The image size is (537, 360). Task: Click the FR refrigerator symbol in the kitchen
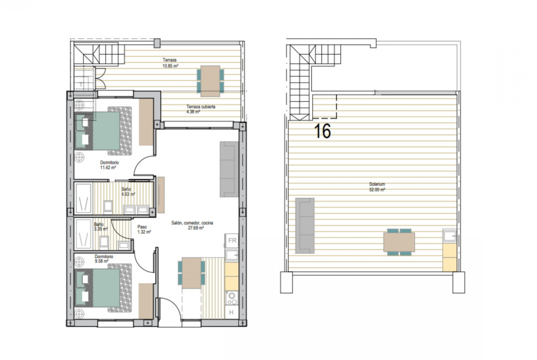232,240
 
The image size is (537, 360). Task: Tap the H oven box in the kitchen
231,312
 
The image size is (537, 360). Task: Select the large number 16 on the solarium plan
322,131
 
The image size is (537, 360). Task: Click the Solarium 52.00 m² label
377,187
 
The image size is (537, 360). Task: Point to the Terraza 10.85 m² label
170,63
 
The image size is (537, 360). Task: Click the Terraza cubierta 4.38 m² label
201,109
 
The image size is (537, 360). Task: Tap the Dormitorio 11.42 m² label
109,165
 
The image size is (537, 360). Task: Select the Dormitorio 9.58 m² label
104,259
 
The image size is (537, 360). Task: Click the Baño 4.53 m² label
128,192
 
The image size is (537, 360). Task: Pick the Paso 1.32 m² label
144,229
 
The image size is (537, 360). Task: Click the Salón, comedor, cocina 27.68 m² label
192,225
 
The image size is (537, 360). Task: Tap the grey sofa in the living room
229,169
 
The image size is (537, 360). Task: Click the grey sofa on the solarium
305,226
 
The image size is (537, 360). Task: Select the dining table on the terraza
210,81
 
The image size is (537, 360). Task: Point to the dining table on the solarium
399,242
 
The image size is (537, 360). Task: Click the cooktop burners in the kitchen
232,298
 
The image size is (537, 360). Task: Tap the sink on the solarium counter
449,236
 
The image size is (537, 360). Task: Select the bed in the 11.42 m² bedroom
103,131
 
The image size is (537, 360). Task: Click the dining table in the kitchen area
191,273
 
